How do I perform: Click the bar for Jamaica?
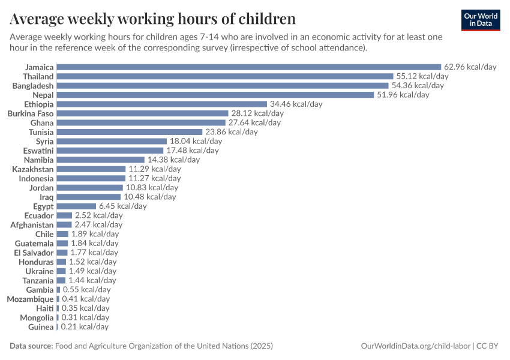coord(248,67)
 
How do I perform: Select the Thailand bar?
coord(224,76)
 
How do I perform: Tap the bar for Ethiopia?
coord(161,104)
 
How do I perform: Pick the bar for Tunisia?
coord(129,132)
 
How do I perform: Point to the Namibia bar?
coord(100,160)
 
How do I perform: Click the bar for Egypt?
coord(76,206)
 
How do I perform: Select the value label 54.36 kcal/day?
coord(418,86)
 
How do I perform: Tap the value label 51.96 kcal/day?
coord(403,95)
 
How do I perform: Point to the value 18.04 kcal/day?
coord(196,141)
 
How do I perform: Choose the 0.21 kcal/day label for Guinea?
coord(85,327)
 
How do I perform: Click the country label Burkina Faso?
coord(30,113)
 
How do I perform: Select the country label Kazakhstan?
coord(32,169)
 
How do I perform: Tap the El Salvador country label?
coord(34,253)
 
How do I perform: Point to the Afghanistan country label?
coord(32,224)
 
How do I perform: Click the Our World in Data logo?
coord(480,20)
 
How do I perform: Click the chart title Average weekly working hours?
coord(152,19)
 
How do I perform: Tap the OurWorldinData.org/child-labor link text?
coord(416,346)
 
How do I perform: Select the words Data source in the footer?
coord(31,346)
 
